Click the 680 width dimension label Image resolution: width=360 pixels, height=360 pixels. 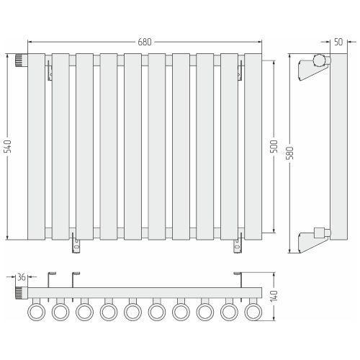tap(145, 42)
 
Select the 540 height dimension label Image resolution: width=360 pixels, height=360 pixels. tap(8, 146)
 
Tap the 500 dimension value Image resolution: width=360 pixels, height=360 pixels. tap(274, 146)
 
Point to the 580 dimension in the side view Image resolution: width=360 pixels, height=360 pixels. tap(290, 153)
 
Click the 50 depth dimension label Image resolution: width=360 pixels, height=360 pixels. tap(338, 42)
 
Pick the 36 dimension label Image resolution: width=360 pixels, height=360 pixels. tap(22, 277)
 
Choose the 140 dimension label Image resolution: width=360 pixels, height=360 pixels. tap(274, 296)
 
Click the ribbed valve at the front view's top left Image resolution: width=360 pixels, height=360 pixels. tap(22, 60)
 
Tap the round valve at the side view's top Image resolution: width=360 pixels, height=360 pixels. tap(322, 60)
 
